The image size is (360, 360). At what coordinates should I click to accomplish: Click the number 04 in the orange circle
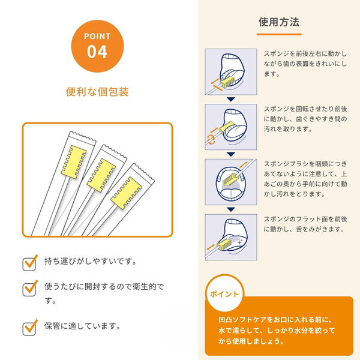click(x=97, y=52)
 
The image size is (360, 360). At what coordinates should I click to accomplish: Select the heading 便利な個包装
click(x=97, y=92)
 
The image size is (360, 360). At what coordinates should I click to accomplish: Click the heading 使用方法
click(x=279, y=22)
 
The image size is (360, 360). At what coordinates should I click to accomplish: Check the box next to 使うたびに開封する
click(x=30, y=287)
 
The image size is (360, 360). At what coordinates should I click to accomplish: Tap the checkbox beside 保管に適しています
click(x=30, y=328)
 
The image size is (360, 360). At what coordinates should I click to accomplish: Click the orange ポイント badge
click(x=224, y=295)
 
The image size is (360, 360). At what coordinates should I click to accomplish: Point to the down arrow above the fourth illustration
click(x=230, y=209)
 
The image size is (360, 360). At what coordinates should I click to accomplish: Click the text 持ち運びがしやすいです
click(x=91, y=262)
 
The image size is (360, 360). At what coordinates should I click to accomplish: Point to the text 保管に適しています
click(x=83, y=327)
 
